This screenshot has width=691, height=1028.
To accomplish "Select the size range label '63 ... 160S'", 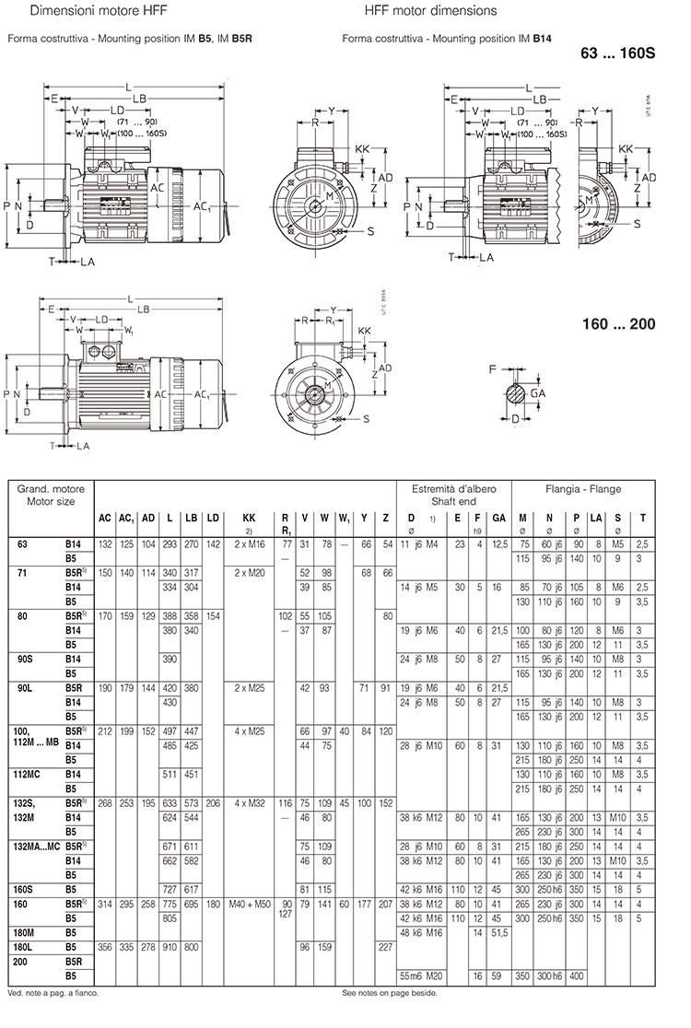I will pos(616,53).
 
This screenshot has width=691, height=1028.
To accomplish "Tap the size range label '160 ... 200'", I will pos(617,325).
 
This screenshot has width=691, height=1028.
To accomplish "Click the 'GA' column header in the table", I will pos(498,519).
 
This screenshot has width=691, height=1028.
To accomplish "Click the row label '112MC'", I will pos(30,775).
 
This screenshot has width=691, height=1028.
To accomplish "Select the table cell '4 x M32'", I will pos(248,802).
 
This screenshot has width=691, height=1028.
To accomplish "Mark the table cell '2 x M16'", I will pos(248,545).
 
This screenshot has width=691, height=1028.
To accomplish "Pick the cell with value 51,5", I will pos(498,932).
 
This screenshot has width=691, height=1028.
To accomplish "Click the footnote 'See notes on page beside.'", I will pos(389,993).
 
